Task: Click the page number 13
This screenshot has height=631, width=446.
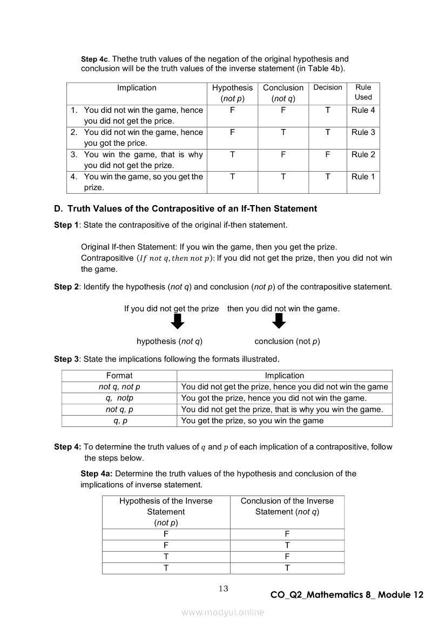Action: click(224, 588)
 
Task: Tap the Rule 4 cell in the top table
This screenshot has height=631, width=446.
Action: click(363, 110)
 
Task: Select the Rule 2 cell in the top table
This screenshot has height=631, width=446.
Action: click(363, 154)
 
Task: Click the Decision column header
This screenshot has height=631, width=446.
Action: click(328, 87)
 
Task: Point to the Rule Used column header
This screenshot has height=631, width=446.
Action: click(363, 92)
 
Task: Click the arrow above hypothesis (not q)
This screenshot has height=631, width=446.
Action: click(177, 322)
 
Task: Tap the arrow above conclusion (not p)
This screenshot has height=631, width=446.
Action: click(278, 322)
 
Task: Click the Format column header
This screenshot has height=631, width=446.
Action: click(119, 376)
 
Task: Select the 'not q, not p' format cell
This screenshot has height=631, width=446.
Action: click(119, 386)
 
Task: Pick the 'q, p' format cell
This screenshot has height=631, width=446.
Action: click(119, 420)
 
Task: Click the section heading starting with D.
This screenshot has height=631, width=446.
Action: click(185, 208)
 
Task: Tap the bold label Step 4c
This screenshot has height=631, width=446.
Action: click(94, 59)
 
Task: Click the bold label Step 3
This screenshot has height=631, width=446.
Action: click(66, 359)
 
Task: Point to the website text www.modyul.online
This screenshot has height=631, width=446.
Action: click(223, 612)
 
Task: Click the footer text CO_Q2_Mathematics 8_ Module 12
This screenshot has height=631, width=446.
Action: click(347, 595)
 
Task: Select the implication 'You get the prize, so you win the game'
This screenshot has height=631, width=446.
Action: click(253, 420)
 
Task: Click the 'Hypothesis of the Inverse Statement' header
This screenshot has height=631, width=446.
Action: click(166, 512)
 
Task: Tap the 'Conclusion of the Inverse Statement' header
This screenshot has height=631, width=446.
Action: click(287, 506)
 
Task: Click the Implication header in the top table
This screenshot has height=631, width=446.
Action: click(137, 88)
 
